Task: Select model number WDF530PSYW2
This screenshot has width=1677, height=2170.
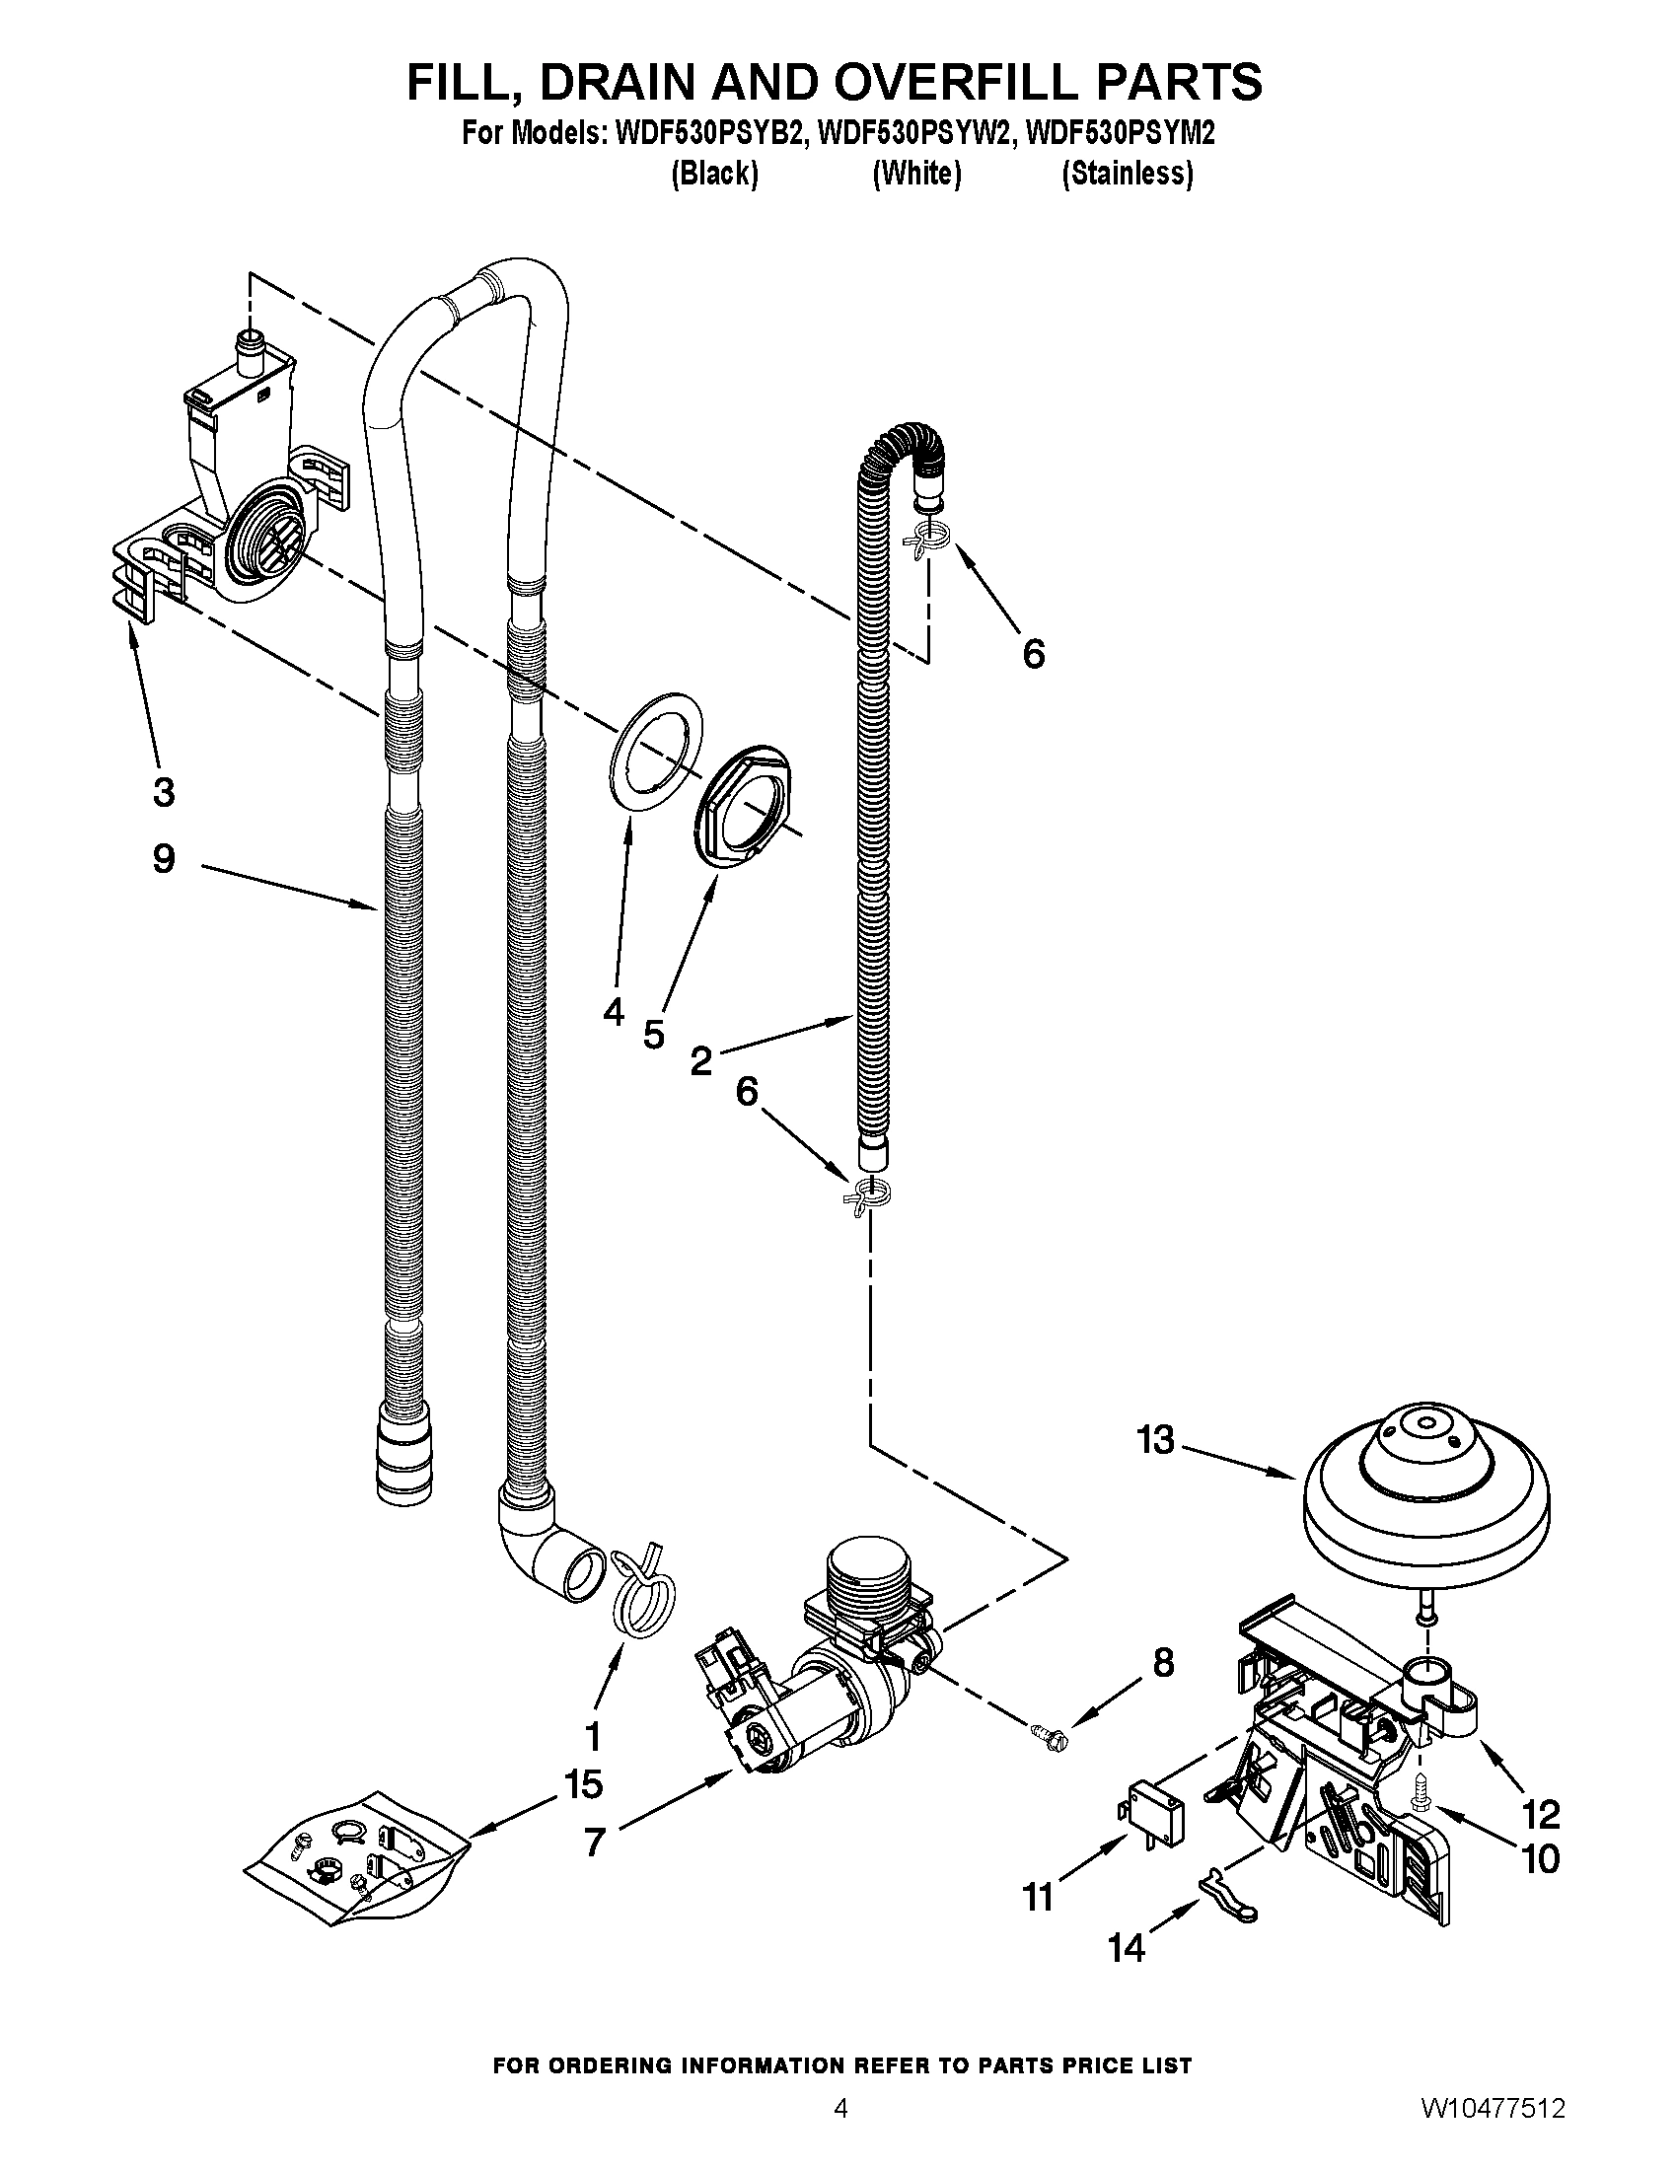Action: point(915,133)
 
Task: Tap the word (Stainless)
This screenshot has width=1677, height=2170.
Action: point(1127,174)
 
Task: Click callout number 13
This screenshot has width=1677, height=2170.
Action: point(1155,1440)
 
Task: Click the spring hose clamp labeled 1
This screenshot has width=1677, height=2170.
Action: point(642,1594)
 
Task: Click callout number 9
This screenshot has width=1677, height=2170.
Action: point(164,858)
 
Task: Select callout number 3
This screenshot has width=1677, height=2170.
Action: point(164,792)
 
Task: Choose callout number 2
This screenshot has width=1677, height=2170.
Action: point(701,1062)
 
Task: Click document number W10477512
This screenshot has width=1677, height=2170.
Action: point(1493,2131)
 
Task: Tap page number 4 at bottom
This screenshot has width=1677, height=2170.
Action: point(840,2131)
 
